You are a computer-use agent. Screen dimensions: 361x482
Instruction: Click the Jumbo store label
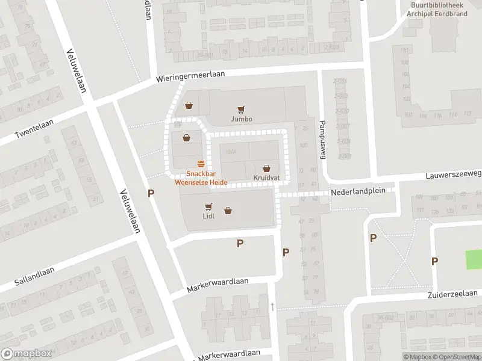pos(241,119)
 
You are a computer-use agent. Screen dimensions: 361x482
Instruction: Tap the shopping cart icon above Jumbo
pos(241,110)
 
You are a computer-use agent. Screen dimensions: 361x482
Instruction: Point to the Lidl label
pos(208,216)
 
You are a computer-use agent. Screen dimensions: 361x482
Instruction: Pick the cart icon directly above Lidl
pos(209,206)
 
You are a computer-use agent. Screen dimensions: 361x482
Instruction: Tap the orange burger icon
pos(201,163)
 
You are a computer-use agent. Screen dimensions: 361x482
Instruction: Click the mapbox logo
pos(26,354)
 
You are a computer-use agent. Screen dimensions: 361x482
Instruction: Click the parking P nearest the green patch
pos(434,261)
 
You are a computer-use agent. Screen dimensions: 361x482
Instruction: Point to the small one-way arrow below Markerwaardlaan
pos(272,307)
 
